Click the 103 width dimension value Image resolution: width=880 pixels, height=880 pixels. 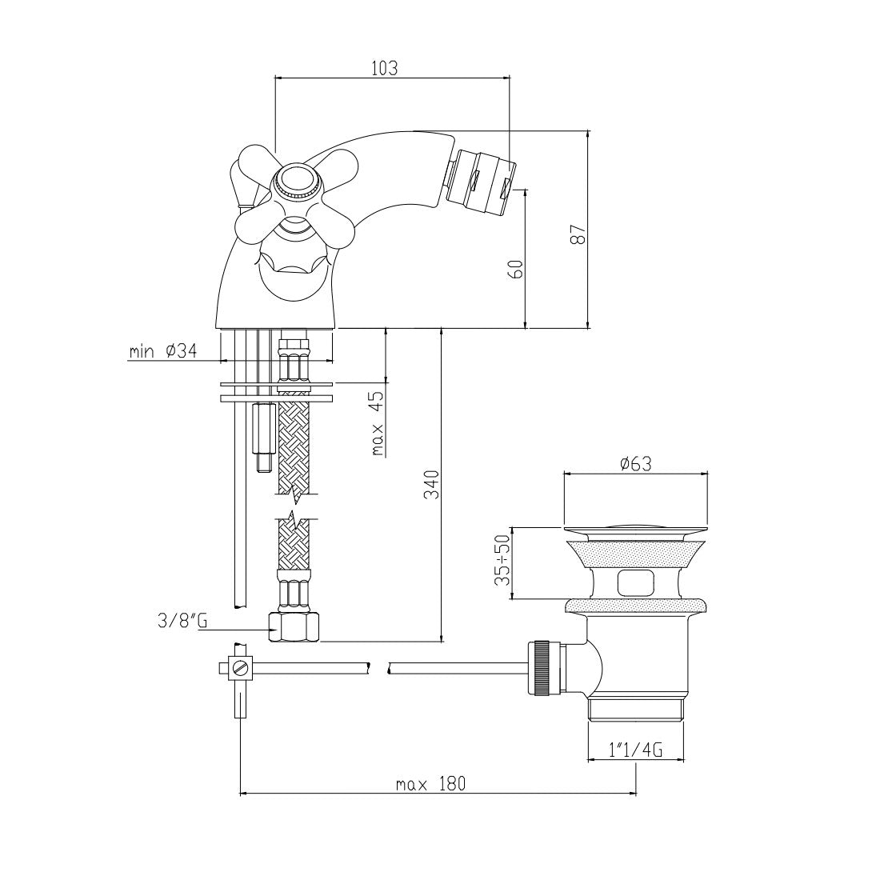click(385, 68)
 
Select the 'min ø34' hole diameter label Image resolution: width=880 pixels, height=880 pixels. click(163, 351)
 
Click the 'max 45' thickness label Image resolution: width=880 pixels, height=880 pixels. click(377, 424)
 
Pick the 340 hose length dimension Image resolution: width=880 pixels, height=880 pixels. click(431, 485)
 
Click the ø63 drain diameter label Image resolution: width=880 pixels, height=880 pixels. click(636, 464)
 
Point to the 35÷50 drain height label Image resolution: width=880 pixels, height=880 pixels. click(503, 560)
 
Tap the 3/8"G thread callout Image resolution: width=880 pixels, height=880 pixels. click(182, 622)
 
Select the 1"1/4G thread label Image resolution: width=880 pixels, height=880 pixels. click(636, 750)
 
